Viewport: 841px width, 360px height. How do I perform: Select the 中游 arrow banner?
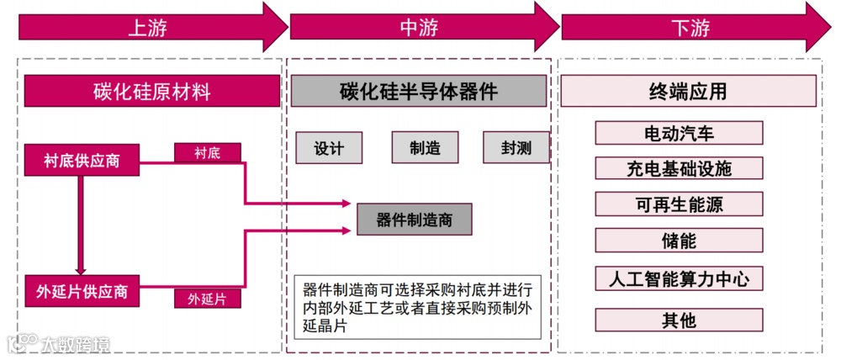click(420, 27)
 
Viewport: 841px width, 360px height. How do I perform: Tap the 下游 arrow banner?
click(690, 27)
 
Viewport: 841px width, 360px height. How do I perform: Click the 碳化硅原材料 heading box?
click(152, 91)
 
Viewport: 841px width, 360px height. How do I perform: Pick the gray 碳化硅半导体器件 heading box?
click(419, 91)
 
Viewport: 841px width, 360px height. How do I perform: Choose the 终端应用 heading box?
click(688, 91)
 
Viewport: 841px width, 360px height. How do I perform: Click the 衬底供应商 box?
click(82, 161)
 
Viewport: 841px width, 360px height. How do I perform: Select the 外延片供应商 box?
click(82, 292)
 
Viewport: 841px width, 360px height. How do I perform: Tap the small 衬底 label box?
click(207, 152)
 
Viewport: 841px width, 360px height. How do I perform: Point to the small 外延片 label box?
click(207, 299)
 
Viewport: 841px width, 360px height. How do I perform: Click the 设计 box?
click(329, 148)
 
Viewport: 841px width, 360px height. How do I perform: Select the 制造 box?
click(425, 148)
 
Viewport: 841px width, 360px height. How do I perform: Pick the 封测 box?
click(516, 148)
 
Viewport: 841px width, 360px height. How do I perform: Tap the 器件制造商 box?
click(415, 220)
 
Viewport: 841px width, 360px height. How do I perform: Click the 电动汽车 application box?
click(679, 133)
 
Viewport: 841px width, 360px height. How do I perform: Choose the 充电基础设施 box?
click(679, 168)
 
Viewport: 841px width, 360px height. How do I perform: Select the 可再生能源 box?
click(679, 204)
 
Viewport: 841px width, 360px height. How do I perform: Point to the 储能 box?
click(679, 241)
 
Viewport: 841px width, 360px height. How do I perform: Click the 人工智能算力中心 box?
click(679, 278)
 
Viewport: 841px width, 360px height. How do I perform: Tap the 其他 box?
click(679, 320)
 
